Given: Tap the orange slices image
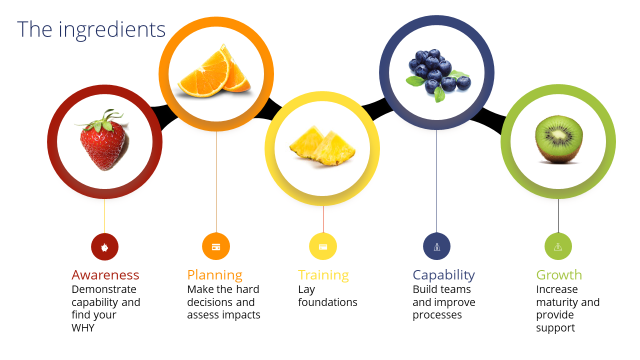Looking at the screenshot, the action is tap(214, 71).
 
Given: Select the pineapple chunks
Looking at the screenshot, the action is tap(322, 145).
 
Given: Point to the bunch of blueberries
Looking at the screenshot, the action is tap(437, 75).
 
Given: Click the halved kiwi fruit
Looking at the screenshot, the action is tap(558, 139).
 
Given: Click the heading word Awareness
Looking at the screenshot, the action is tap(105, 275).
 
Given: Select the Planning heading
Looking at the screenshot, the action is tap(215, 275).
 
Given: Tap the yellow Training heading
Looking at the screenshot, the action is tap(323, 275).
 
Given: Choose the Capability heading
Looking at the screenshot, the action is tap(443, 275).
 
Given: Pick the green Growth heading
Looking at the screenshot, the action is tap(559, 275).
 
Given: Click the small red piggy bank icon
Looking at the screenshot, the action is tap(105, 247).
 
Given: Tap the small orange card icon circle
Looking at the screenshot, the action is tap(216, 246).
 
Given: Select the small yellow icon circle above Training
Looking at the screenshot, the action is tap(323, 246).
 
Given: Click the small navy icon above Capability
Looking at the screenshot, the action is tap(436, 246).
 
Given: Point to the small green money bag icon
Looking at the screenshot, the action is tap(558, 246).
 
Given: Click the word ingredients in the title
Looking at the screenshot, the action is tap(112, 30).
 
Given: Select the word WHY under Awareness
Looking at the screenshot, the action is tap(83, 327).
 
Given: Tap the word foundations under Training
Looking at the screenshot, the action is tap(327, 302).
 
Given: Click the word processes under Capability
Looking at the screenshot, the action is tap(437, 315).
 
